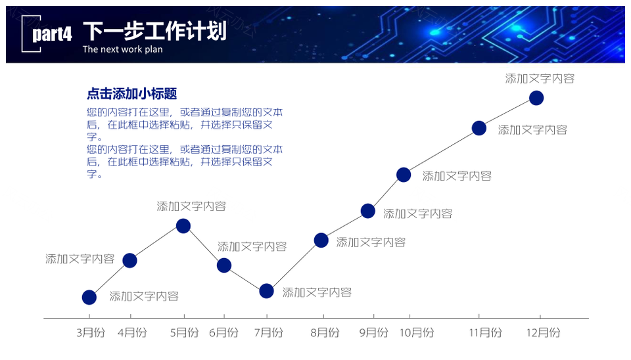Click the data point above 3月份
[x=89, y=297]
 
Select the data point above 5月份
[x=183, y=225]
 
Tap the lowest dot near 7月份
[x=266, y=291]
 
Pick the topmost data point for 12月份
[x=536, y=98]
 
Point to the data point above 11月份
[x=479, y=128]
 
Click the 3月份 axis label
[x=91, y=332]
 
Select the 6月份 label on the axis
[x=223, y=332]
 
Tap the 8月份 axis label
[x=325, y=332]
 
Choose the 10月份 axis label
[x=417, y=332]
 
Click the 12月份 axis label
[x=544, y=332]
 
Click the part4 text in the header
[x=52, y=34]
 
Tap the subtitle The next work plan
[x=123, y=49]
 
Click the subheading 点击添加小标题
[x=132, y=94]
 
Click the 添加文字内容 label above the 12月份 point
[x=540, y=78]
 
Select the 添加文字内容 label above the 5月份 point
[x=191, y=206]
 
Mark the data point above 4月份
[x=129, y=261]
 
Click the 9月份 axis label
[x=374, y=332]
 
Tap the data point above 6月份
[x=224, y=265]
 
